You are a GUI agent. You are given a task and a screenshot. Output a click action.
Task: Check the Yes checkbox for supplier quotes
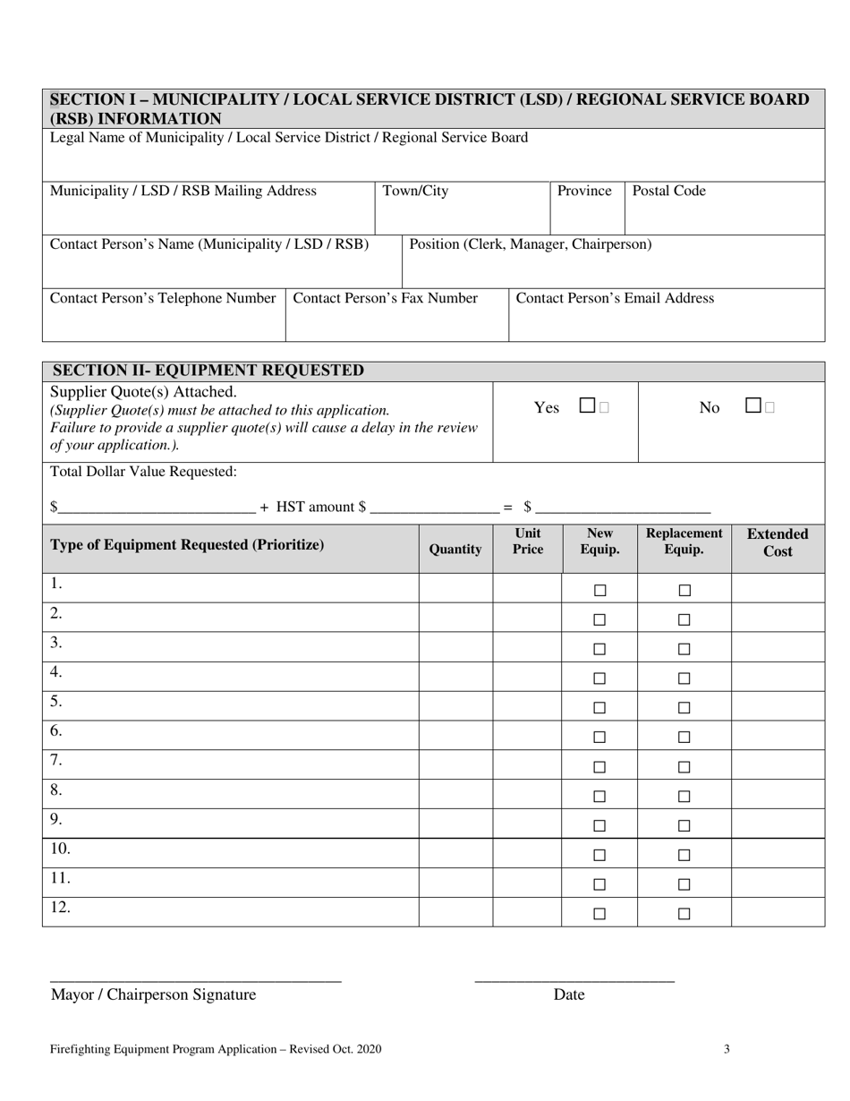point(587,405)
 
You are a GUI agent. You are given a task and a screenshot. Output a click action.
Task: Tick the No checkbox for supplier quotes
point(753,405)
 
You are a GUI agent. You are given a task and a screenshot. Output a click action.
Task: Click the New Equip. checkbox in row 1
point(599,591)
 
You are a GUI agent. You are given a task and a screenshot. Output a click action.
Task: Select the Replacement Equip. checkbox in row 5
point(684,708)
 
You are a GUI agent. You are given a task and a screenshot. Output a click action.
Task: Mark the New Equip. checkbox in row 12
point(599,914)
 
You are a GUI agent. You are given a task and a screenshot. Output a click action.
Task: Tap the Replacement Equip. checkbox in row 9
point(684,825)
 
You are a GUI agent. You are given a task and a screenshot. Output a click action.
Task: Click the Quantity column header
point(455,550)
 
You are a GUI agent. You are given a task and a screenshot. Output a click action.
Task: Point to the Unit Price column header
point(527,542)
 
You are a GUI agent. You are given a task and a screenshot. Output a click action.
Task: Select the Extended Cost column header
point(778,542)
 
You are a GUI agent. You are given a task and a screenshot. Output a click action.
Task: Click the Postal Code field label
point(669,191)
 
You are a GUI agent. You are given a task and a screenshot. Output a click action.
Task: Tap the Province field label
point(584,191)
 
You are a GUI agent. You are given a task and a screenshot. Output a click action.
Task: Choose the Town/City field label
point(416,191)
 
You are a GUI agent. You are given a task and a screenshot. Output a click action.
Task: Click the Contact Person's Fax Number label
point(386,298)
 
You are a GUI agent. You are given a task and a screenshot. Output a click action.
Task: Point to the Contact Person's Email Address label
point(616,298)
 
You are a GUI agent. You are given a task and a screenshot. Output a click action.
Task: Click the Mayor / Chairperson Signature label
point(153,994)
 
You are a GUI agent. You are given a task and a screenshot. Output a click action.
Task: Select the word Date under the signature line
point(569,994)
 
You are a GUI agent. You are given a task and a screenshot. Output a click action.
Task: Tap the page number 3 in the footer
point(727,1049)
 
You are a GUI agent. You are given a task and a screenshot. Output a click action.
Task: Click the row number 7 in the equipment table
point(55,760)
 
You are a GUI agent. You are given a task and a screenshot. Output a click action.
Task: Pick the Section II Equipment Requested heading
point(208,371)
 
